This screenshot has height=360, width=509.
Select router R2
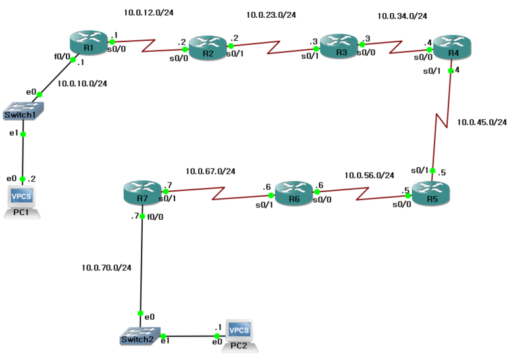(207, 48)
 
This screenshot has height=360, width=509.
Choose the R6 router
(294, 193)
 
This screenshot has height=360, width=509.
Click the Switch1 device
(22, 111)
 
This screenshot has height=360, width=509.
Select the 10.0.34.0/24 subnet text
(402, 16)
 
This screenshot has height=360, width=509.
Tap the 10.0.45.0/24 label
(481, 122)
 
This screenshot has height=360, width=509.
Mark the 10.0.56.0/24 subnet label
(369, 176)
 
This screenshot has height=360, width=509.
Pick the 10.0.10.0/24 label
(82, 84)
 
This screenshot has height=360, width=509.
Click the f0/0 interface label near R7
(155, 215)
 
